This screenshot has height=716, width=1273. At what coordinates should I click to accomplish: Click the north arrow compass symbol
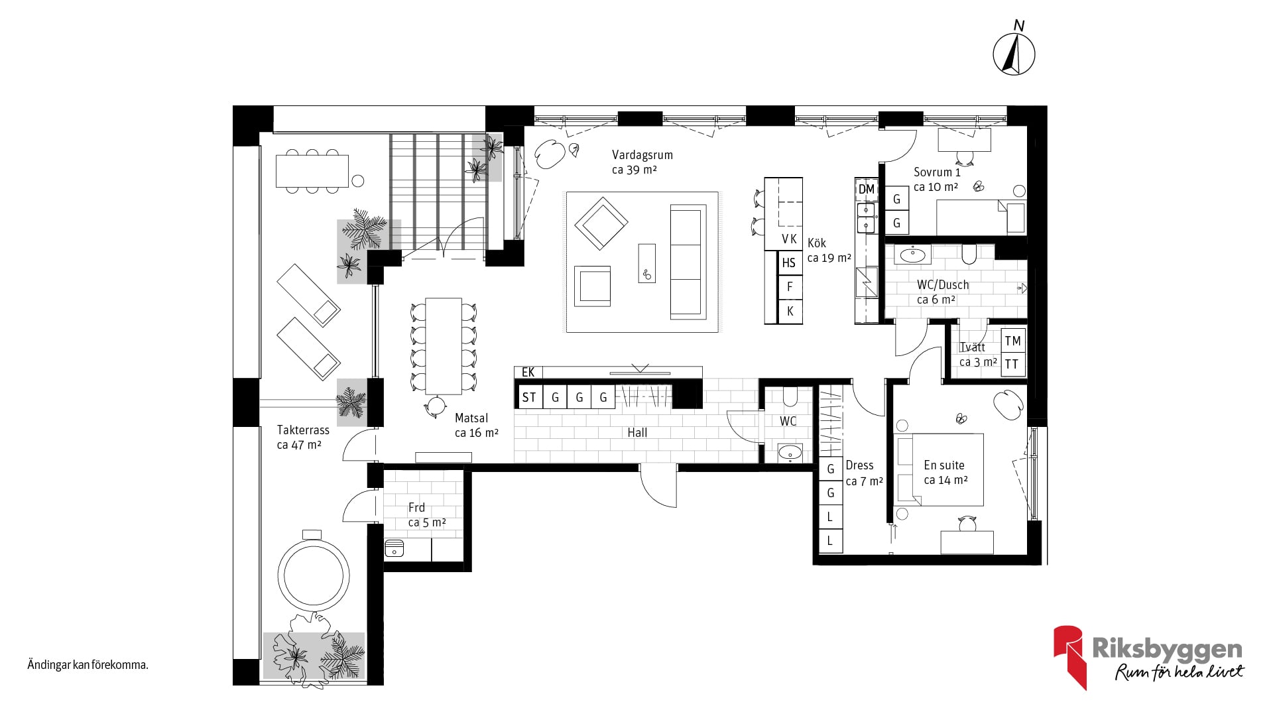click(x=1014, y=54)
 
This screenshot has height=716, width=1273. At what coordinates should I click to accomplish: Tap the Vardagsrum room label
click(x=642, y=155)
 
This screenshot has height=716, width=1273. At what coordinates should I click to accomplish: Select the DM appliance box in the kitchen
click(x=867, y=189)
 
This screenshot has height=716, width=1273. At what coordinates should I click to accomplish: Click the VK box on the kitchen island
click(x=789, y=239)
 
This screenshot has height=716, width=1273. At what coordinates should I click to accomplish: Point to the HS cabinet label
click(x=788, y=263)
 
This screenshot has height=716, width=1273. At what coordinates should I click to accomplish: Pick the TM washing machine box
click(x=1012, y=341)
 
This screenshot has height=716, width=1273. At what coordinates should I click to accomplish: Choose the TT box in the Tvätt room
click(x=1012, y=364)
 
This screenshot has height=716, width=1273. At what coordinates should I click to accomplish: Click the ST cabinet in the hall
click(x=529, y=397)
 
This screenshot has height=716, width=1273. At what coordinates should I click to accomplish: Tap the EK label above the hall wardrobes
click(x=528, y=372)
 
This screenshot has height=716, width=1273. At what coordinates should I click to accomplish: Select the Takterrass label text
click(x=303, y=430)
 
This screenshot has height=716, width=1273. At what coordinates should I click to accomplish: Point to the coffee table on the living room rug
click(x=646, y=263)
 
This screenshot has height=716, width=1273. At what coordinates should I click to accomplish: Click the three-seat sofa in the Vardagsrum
click(x=686, y=261)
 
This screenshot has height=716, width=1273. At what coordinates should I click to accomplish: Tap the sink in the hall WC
click(x=789, y=453)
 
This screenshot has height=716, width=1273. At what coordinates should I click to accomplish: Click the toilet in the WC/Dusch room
click(x=969, y=254)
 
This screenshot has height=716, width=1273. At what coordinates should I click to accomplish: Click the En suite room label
click(x=944, y=465)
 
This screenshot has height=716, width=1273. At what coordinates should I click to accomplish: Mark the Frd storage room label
click(x=416, y=508)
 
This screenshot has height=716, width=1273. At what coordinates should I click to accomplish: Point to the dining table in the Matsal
click(x=444, y=346)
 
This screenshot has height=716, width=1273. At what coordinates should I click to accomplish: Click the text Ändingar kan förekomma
click(x=88, y=665)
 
